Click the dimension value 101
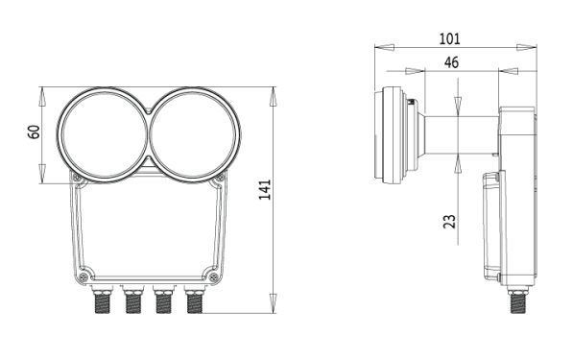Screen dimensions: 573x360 449,38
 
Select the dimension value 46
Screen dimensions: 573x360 451,62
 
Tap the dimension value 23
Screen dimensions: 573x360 450,222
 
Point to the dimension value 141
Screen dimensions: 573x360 265,189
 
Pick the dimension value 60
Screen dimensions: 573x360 34,132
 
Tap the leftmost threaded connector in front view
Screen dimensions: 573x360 102,300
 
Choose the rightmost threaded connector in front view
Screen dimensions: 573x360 194,300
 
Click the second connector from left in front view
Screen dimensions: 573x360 132,300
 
